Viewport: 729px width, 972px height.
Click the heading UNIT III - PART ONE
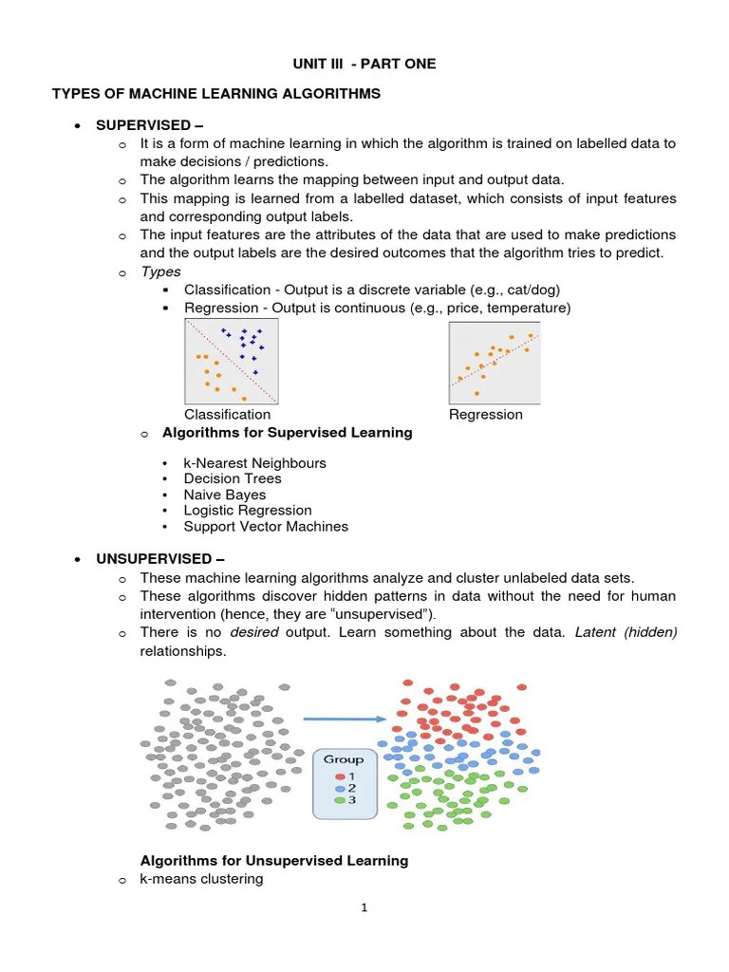coord(364,64)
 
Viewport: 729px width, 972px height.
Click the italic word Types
coord(160,271)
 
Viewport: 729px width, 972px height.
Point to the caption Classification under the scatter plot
coord(227,415)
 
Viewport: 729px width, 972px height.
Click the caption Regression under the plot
coord(485,415)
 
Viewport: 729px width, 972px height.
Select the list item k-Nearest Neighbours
coord(254,463)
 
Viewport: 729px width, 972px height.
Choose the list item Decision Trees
coord(233,478)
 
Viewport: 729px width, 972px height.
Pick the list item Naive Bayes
coord(225,495)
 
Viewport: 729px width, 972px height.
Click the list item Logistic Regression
coord(248,511)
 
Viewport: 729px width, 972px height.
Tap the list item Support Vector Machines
coord(266,527)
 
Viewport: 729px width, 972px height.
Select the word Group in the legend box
coord(344,759)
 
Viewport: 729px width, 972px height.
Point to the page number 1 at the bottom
coord(364,908)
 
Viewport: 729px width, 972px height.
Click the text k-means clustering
coord(201,879)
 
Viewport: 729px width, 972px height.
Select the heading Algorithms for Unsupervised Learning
coord(274,861)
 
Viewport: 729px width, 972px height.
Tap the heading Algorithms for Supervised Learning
coord(287,433)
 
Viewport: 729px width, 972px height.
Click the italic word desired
coord(253,632)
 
